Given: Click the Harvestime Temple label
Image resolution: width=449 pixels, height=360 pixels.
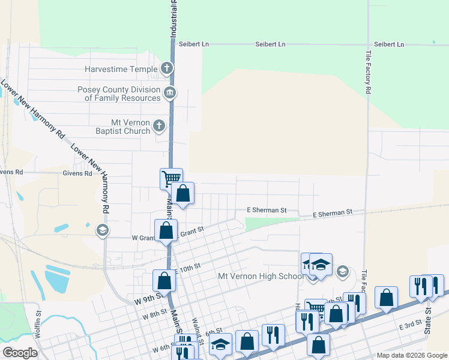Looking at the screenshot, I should (x=121, y=69).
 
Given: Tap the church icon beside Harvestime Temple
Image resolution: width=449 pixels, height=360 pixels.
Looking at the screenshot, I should (x=167, y=68).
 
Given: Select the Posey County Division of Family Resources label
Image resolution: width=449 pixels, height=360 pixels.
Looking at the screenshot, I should (x=119, y=94).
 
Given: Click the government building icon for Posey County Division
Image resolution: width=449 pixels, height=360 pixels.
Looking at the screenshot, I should (x=170, y=92).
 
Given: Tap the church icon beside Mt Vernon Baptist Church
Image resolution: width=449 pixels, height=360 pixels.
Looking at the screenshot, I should (x=158, y=125).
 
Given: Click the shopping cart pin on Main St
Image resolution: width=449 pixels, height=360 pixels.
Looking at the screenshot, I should (x=171, y=178).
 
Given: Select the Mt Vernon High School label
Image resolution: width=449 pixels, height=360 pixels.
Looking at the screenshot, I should (x=261, y=277).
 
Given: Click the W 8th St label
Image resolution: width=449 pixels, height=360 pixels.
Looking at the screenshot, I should (x=154, y=314).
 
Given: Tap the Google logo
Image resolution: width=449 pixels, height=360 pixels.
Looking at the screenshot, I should (x=20, y=353).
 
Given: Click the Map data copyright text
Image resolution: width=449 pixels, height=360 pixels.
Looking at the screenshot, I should (x=411, y=355).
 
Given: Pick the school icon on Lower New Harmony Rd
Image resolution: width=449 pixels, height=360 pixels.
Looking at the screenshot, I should (x=102, y=230).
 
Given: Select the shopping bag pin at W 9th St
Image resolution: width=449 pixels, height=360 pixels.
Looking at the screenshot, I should (x=164, y=280).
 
